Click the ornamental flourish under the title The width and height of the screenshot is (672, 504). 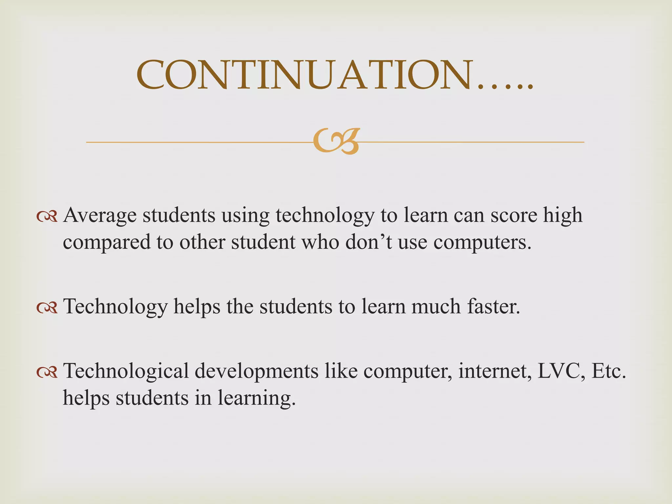click(x=336, y=141)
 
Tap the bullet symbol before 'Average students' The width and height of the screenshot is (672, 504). click(x=47, y=216)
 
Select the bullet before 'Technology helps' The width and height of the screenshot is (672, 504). click(x=47, y=307)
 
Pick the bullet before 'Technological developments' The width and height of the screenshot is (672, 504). click(x=47, y=372)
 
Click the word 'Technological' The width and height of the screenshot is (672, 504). click(x=126, y=371)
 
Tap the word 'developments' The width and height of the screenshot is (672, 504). click(x=257, y=372)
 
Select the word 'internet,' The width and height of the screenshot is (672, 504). click(x=495, y=371)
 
